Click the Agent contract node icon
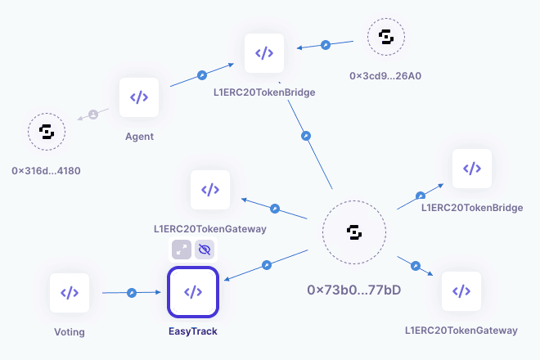[x=139, y=97]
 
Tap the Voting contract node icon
[x=70, y=293]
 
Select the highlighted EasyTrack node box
[x=193, y=292]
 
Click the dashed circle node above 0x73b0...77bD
[x=354, y=233]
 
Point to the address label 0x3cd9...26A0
[x=386, y=76]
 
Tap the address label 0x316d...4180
[x=46, y=170]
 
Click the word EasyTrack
[x=193, y=331]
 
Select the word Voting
[x=70, y=331]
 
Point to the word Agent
[x=139, y=136]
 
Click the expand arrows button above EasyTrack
[x=181, y=249]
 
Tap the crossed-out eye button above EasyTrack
[x=205, y=249]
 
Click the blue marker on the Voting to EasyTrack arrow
[x=131, y=292]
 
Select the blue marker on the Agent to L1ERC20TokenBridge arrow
[x=202, y=76]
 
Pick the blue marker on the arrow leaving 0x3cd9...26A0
[x=325, y=43]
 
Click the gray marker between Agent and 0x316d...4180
[x=92, y=115]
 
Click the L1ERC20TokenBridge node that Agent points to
[x=263, y=53]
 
